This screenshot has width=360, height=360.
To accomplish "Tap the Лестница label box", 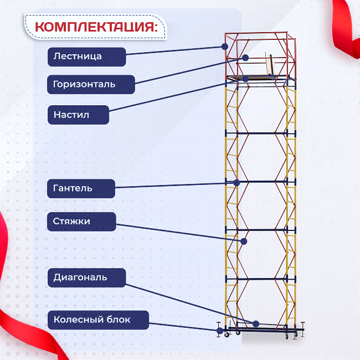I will point(86,56).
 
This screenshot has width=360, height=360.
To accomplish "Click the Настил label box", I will point(78,115).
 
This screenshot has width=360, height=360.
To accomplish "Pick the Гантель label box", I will point(81,188).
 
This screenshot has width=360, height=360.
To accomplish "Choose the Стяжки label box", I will point(81,222).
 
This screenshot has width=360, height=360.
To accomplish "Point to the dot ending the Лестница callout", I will point(225,47).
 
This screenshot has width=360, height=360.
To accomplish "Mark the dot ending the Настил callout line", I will point(245,79).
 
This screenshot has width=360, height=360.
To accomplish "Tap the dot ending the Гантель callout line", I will point(236,182).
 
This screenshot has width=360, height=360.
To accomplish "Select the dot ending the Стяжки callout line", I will point(243,241).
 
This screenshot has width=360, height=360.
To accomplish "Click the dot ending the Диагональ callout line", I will point(256,323).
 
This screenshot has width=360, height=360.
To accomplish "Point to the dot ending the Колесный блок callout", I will point(220,331).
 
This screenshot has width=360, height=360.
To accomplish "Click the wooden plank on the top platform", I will point(270,65).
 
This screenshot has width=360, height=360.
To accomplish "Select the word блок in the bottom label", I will point(119,320).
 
